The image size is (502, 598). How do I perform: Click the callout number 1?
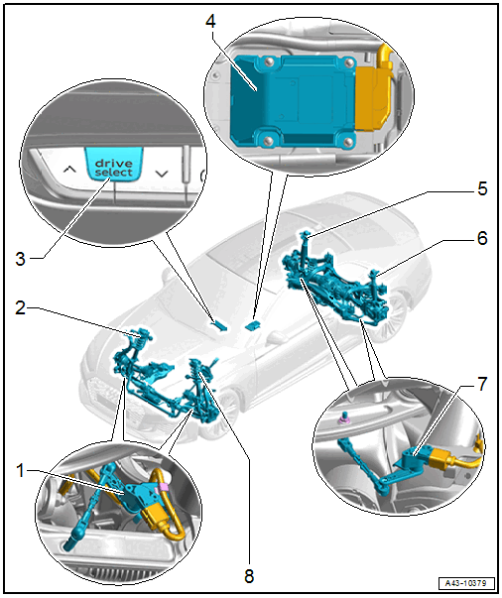pyautogui.click(x=21, y=471)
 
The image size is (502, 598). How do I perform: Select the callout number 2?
pyautogui.click(x=21, y=307)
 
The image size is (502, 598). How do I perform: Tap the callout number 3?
pyautogui.click(x=21, y=259)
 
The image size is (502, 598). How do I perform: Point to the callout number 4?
pyautogui.click(x=210, y=21)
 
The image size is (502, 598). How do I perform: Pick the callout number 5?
pyautogui.click(x=482, y=188)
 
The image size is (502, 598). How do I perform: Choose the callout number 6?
pyautogui.click(x=482, y=238)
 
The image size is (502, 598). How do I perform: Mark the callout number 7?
pyautogui.click(x=482, y=384)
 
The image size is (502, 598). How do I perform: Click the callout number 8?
pyautogui.click(x=249, y=576)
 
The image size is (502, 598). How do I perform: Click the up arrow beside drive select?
pyautogui.click(x=69, y=169)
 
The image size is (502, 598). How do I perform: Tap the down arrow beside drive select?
pyautogui.click(x=162, y=174)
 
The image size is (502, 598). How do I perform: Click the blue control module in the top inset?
pyautogui.click(x=294, y=101)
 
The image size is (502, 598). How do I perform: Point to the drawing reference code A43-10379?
pyautogui.click(x=466, y=583)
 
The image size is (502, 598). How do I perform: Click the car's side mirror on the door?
pyautogui.click(x=277, y=338)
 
